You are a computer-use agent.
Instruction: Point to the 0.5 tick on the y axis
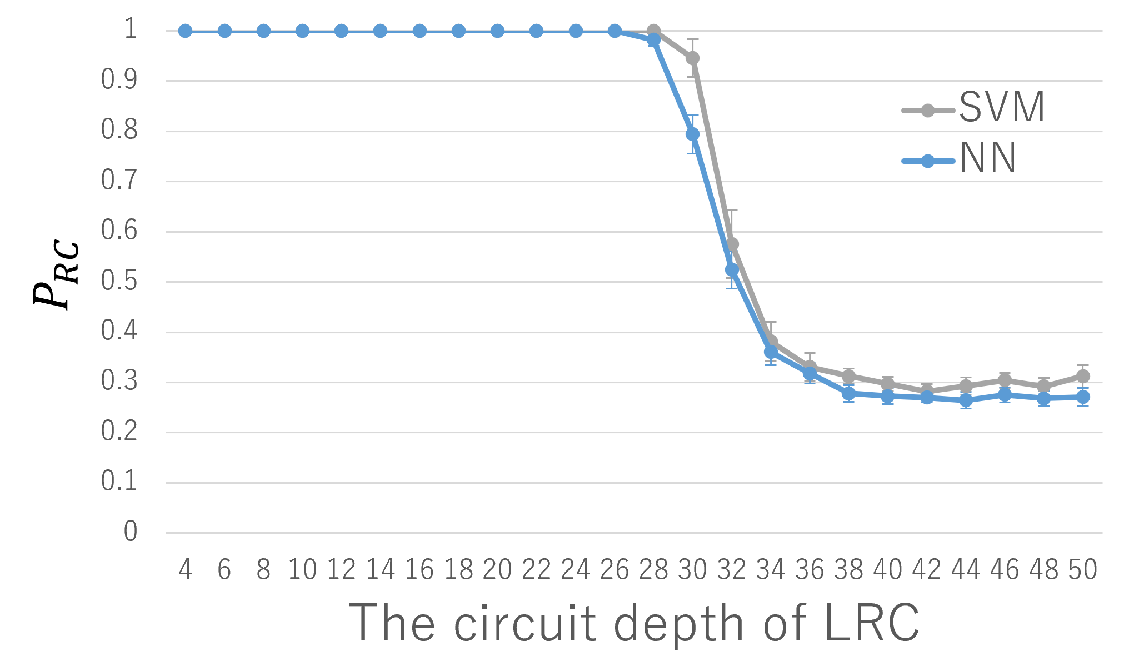pos(119,281)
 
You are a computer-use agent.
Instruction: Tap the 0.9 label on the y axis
pos(119,80)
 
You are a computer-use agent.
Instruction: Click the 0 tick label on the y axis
pos(131,532)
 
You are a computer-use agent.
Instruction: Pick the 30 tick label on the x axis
pos(692,570)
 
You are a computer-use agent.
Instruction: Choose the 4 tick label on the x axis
pos(185,570)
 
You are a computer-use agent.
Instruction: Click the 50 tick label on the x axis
pos(1083,570)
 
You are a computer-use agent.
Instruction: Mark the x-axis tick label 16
pos(419,570)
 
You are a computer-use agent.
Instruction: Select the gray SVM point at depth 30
pos(692,58)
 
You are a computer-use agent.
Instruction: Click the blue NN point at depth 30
pos(692,134)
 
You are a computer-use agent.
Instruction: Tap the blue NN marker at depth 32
pos(732,270)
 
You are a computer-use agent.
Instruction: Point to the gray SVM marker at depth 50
pos(1083,376)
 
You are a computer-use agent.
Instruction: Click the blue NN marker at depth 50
pos(1083,397)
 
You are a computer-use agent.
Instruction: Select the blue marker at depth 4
pos(185,31)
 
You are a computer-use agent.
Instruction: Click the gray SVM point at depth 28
pos(654,30)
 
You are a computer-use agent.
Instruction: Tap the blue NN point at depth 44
pos(966,400)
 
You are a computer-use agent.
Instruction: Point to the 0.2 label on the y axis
pos(119,432)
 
